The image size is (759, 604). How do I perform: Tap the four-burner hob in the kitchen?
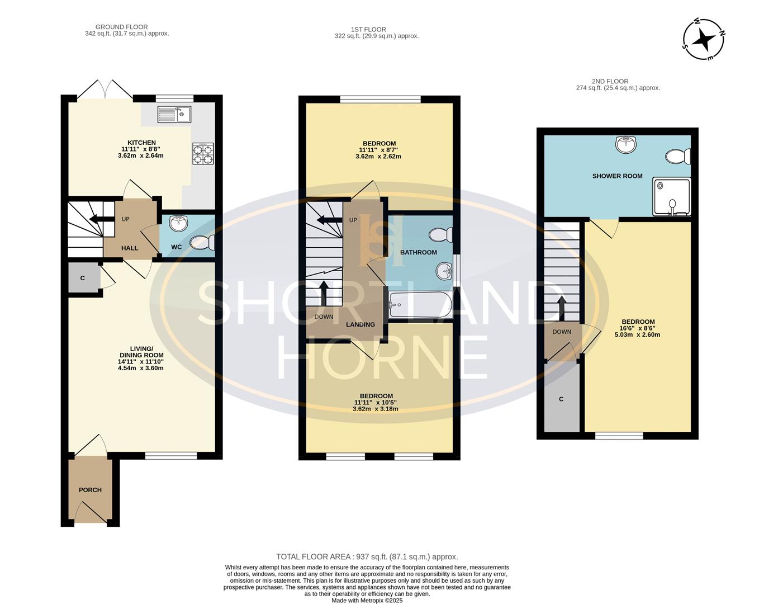(x=203, y=153)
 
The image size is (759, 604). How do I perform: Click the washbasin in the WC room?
(x=179, y=224)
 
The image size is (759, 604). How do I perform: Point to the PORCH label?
(x=90, y=490)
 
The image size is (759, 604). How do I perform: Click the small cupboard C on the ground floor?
(x=83, y=278)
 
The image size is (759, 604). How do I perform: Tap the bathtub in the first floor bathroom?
(x=420, y=305)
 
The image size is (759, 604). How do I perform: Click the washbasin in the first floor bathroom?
(x=444, y=271)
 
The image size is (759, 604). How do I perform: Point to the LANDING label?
(x=360, y=324)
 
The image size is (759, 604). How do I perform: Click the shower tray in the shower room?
(x=671, y=197)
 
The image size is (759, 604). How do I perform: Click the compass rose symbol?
(x=704, y=39)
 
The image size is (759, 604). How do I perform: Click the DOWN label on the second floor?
(x=562, y=332)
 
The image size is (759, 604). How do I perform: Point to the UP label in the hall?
(x=126, y=219)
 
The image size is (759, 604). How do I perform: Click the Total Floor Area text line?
(x=367, y=556)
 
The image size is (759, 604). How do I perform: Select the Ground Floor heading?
(x=121, y=27)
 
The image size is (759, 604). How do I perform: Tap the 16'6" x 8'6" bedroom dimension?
(x=638, y=328)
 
